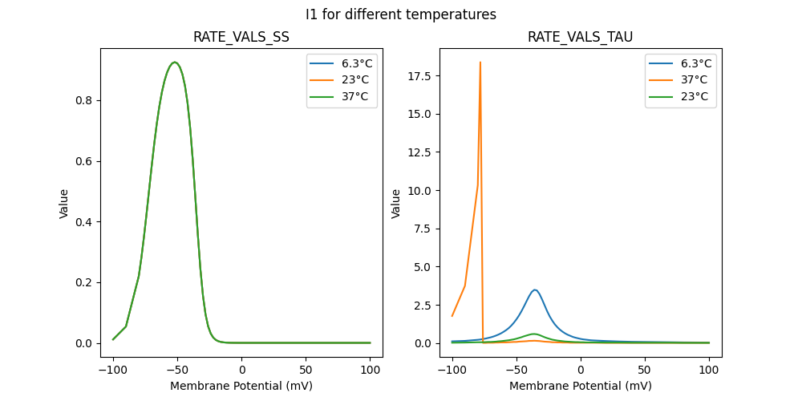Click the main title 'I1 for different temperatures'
coord(401,14)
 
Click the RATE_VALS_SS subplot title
coord(241,37)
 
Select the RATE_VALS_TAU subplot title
coord(581,37)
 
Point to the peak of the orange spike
coord(480,62)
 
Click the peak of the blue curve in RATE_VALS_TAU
coord(535,290)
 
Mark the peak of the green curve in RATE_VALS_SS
coord(174,62)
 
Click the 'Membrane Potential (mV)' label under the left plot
coord(241,386)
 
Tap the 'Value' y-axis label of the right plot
coord(396,204)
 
